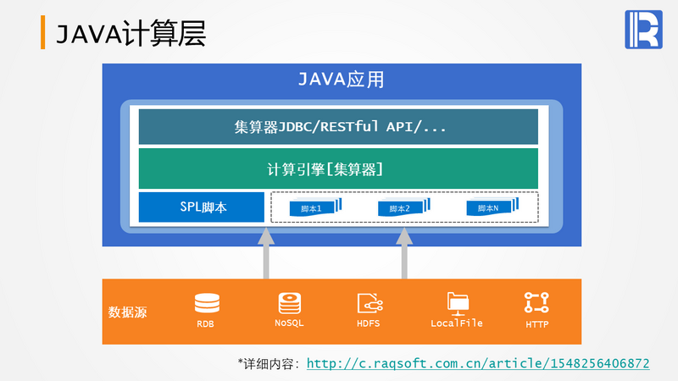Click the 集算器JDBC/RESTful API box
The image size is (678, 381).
[x=338, y=127]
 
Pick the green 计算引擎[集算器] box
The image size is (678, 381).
[x=338, y=168]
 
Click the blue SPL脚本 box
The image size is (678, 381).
[x=203, y=207]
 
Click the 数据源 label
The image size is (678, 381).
[x=127, y=312]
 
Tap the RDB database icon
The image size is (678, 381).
[x=206, y=302]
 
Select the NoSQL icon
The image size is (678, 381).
[x=289, y=302]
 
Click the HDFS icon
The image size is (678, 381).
[x=370, y=303]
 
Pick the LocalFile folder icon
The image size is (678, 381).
[x=457, y=302]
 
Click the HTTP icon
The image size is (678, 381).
[x=536, y=302]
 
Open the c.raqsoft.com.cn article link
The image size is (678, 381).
[x=478, y=363]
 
